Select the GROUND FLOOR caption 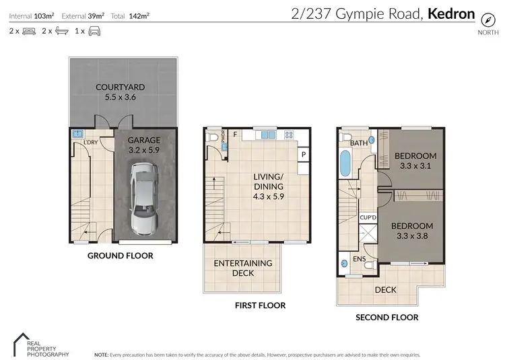[121, 256]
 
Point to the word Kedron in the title [451, 13]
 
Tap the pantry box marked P [304, 154]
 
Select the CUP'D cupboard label [368, 217]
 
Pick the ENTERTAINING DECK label [243, 268]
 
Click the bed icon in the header [29, 31]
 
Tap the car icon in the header [94, 31]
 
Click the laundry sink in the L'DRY [77, 134]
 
